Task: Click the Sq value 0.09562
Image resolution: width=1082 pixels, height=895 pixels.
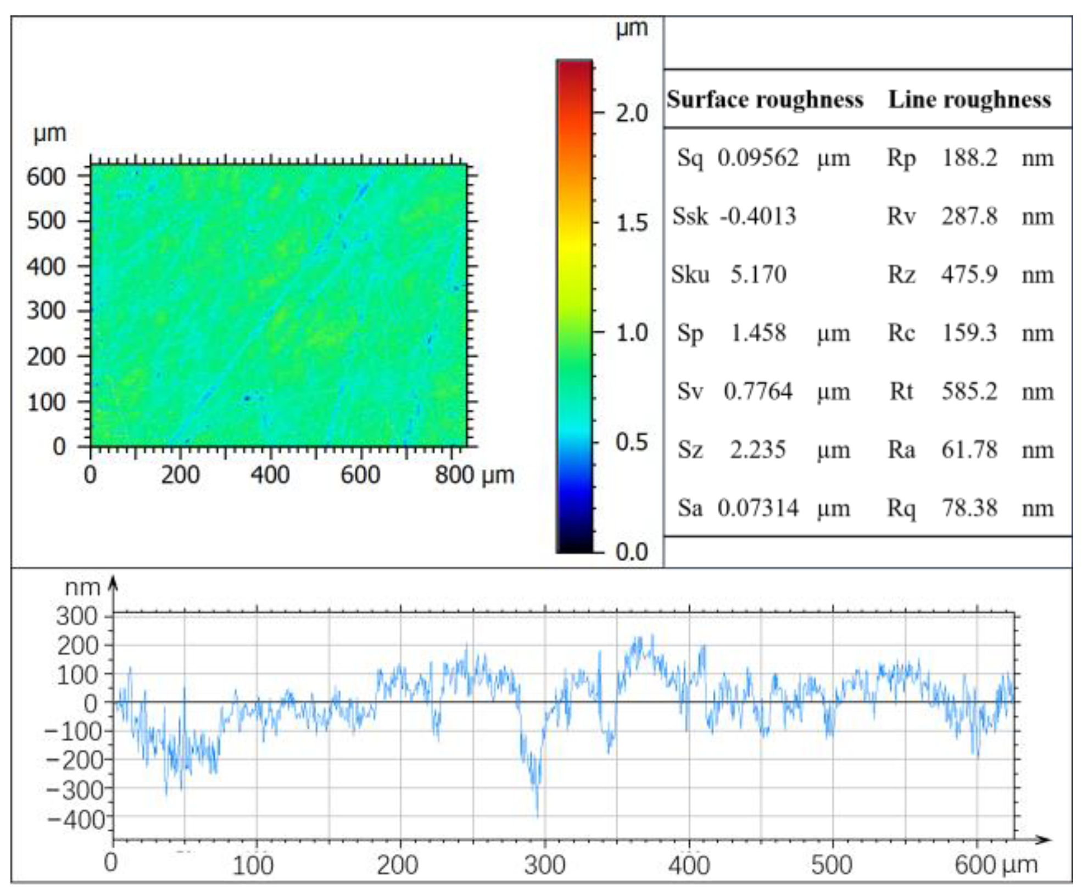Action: coord(757,158)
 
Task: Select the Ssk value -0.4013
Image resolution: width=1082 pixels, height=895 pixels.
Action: coord(757,216)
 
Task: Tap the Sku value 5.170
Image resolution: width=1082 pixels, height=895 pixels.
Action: coord(758,274)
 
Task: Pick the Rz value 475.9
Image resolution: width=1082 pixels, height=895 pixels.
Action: coord(969,274)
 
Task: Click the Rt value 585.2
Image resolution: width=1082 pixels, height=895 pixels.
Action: coord(969,391)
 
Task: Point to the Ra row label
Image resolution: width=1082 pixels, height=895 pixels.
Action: coord(901,450)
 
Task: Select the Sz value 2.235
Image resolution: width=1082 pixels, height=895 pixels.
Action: coord(757,450)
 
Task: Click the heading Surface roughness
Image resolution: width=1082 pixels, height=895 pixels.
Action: coord(765,99)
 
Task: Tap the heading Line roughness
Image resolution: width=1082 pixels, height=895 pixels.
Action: coord(969,99)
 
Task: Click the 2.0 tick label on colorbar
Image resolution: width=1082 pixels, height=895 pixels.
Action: coord(632,114)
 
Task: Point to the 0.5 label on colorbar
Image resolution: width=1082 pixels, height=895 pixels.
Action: coord(632,442)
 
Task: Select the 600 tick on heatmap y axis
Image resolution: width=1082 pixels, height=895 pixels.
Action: coord(46,176)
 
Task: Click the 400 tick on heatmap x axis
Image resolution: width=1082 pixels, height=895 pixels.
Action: coord(270,474)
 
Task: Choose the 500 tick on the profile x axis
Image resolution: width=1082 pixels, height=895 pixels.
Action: coord(832,865)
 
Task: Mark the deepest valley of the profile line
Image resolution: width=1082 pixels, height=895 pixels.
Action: coord(537,814)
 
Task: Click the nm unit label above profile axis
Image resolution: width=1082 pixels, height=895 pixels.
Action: coord(82,588)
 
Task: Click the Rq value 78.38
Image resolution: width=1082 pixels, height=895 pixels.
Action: coord(969,508)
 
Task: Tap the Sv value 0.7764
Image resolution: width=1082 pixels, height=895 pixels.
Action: coord(757,391)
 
